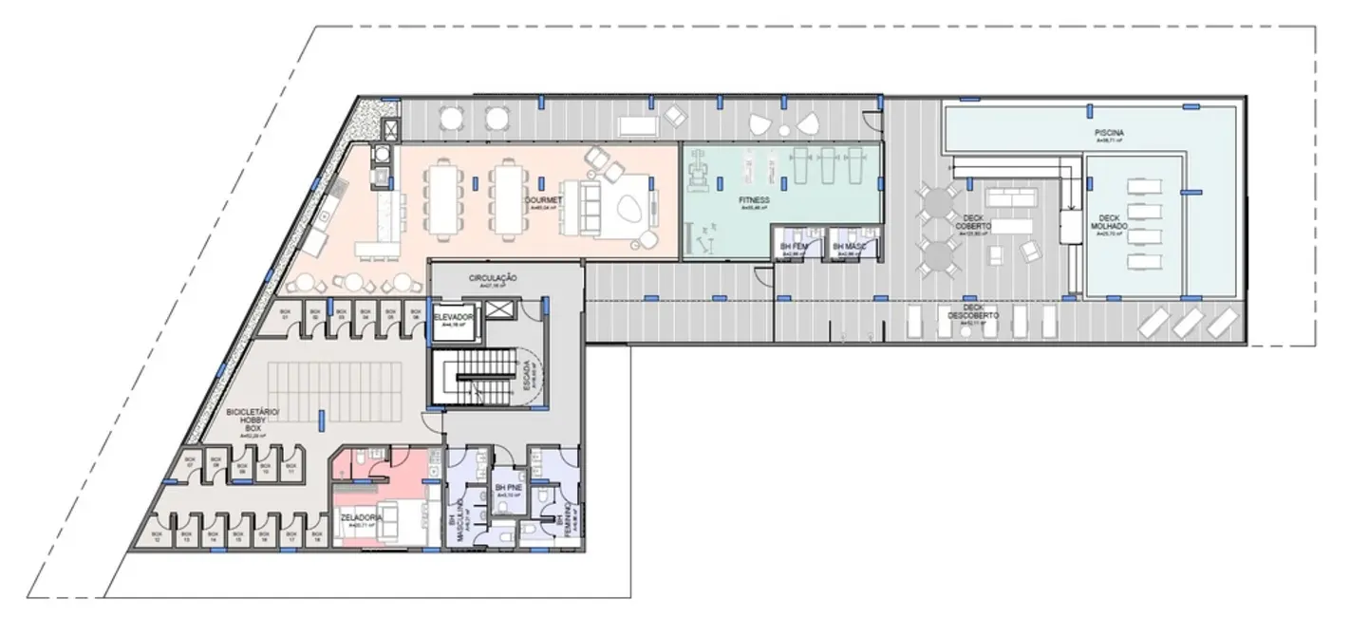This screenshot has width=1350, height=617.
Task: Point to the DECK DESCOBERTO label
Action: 969,313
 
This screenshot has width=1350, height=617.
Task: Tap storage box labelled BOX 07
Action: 189,460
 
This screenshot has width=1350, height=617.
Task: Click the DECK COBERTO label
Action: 974,223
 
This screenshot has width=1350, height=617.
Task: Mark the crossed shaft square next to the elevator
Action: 499,311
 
